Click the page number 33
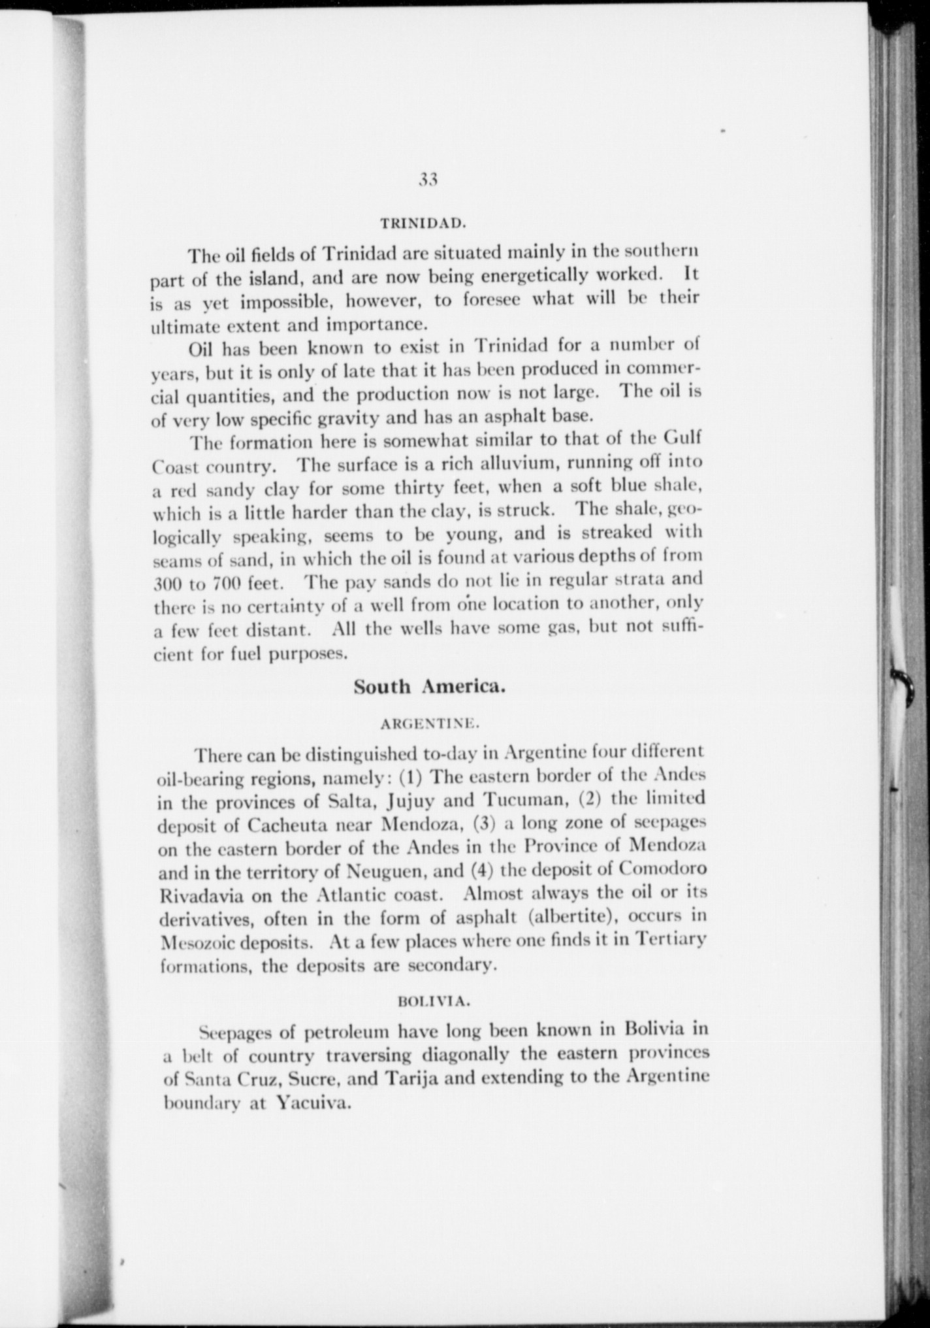click(x=428, y=180)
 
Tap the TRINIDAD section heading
click(x=423, y=223)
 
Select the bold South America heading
click(x=430, y=687)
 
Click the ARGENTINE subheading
click(x=430, y=723)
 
